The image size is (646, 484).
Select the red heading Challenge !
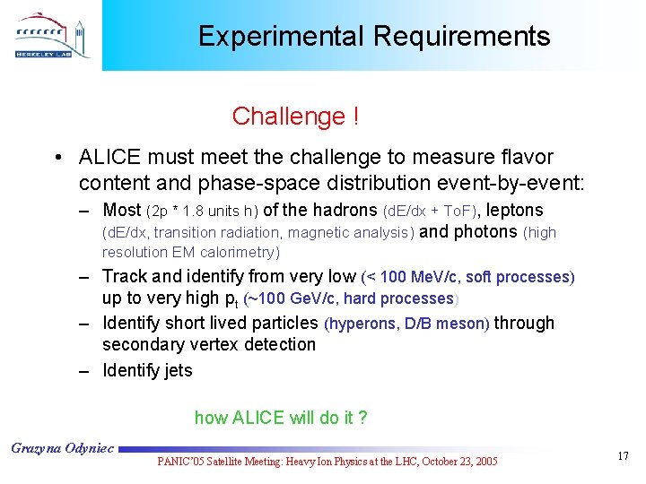pos(295,117)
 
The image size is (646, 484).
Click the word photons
pos(484,232)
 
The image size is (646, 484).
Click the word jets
pos(177,370)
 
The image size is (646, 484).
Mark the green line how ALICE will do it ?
pos(281,418)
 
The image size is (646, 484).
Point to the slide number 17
pos(624,457)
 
